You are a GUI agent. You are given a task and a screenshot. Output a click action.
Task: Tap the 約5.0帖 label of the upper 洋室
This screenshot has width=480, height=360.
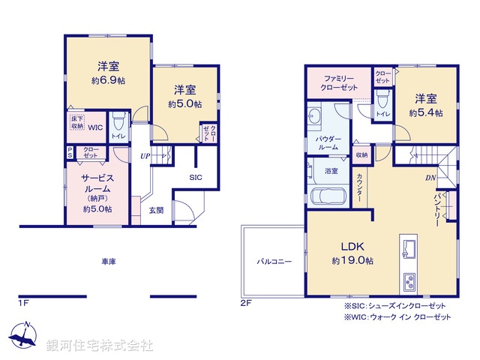coord(184,104)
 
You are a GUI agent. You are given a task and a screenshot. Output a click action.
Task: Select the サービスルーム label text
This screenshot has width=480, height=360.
coord(97,184)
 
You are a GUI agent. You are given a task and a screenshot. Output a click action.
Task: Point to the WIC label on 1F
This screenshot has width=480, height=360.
coord(94,127)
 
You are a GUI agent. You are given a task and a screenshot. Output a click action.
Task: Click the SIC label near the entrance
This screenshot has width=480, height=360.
coord(195,177)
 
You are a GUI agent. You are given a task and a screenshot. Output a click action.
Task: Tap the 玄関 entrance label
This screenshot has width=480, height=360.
coord(156,211)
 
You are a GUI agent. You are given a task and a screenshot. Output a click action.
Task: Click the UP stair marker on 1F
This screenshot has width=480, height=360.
coord(145,156)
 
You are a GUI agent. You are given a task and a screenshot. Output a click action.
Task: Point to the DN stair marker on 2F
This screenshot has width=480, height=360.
coord(431,178)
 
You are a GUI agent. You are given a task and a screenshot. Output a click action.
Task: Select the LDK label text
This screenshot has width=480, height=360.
coord(352,246)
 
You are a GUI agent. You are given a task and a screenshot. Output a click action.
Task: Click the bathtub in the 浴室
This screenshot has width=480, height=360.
coord(326,197)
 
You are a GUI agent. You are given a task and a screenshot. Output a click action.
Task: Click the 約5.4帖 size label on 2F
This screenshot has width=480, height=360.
coord(425,112)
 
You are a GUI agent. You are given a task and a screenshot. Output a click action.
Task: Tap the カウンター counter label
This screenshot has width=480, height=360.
coord(359,190)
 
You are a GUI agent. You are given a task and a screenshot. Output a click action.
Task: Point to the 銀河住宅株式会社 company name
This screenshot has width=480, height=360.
coord(100,346)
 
